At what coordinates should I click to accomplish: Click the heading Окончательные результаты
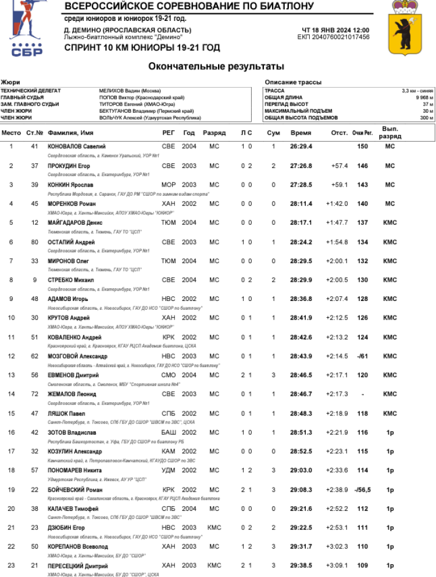(x=216, y=66)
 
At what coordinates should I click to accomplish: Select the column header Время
(x=301, y=133)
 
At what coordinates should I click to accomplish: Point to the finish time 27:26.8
(x=301, y=166)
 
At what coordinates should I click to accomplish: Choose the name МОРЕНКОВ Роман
(x=71, y=204)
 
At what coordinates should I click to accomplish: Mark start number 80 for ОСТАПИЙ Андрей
(x=34, y=242)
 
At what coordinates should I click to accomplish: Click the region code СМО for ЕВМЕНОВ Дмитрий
(x=168, y=375)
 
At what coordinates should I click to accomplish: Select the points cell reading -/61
(x=363, y=356)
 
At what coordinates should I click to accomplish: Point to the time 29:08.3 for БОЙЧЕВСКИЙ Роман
(x=301, y=490)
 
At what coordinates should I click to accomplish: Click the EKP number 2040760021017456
(x=333, y=37)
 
